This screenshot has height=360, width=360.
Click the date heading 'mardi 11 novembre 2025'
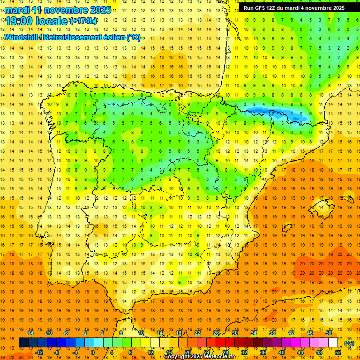(58, 10)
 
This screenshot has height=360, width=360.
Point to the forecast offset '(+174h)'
(83, 21)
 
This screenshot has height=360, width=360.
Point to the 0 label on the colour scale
(93, 352)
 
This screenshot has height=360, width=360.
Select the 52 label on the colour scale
(338, 352)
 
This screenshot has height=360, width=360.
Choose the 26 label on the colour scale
(216, 333)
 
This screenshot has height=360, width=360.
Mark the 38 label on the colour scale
(272, 333)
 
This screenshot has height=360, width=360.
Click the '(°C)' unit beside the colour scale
(349, 343)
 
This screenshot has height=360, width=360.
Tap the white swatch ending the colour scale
(333, 343)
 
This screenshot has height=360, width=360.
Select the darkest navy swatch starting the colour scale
(23, 343)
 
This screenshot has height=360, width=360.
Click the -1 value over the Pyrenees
(291, 113)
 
